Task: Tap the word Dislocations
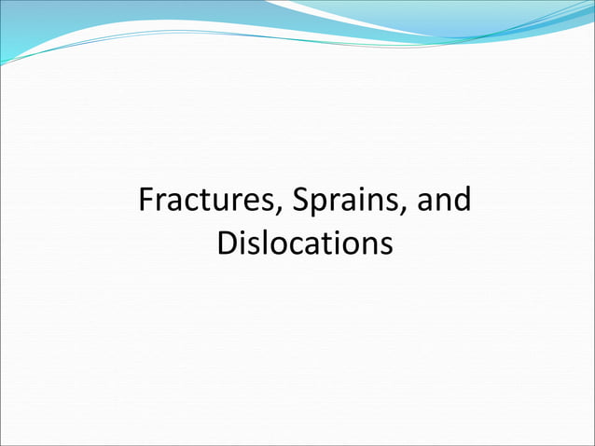tap(304, 244)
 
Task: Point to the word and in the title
tap(443, 202)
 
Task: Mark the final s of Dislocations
tap(382, 245)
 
